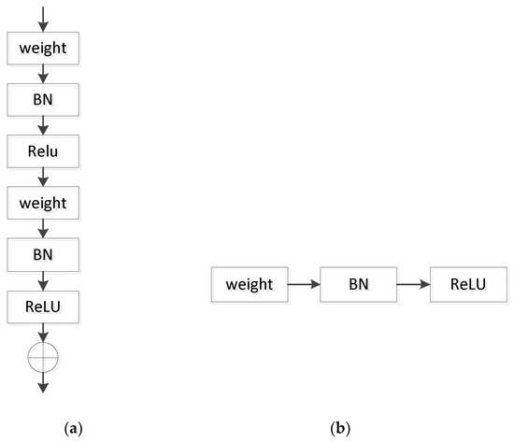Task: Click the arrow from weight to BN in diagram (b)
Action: point(304,283)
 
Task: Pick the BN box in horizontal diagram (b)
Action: point(359,283)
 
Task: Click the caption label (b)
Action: point(341,429)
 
